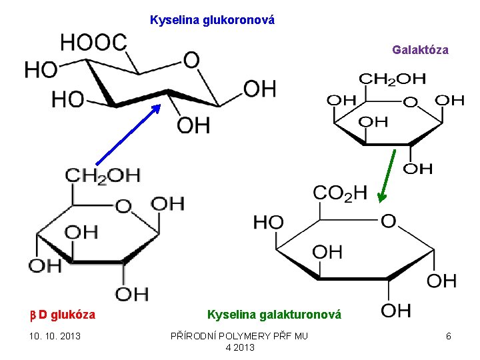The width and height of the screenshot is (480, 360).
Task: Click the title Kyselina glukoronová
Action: click(212, 20)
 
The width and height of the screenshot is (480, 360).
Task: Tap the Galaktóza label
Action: click(420, 50)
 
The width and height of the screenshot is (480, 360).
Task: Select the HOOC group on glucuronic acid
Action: click(93, 43)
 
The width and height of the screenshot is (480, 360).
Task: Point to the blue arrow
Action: click(127, 134)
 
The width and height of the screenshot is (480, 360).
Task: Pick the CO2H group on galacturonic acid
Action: click(339, 193)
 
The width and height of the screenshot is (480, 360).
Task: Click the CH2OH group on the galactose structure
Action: click(393, 79)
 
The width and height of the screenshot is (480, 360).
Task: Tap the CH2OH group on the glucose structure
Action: click(103, 175)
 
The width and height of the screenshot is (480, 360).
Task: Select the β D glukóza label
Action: click(63, 315)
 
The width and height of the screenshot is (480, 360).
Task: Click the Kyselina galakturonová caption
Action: click(274, 315)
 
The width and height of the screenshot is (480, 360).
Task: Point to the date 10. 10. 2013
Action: click(54, 336)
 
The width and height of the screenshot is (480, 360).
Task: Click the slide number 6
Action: click(449, 336)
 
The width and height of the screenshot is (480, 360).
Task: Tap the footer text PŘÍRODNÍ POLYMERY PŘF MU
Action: click(239, 336)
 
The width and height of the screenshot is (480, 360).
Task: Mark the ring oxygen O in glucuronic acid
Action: click(191, 60)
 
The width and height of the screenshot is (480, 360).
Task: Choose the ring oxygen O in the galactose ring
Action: click(411, 103)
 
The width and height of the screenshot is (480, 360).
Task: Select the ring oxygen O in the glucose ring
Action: click(123, 206)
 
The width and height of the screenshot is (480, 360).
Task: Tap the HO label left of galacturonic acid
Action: click(268, 222)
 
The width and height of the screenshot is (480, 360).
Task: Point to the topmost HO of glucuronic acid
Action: click(40, 69)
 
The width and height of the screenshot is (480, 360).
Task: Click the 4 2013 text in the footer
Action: click(240, 347)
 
